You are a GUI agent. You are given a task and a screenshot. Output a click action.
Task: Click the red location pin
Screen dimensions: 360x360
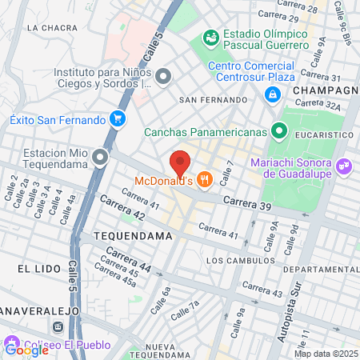pyautogui.click(x=180, y=163)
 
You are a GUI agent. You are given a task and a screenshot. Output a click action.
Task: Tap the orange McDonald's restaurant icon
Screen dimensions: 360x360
pyautogui.click(x=205, y=180)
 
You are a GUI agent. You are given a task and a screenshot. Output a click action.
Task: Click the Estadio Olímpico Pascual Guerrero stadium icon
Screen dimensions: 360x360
pyautogui.click(x=211, y=38)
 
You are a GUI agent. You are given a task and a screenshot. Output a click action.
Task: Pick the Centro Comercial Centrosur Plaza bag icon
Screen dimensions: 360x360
pyautogui.click(x=273, y=94)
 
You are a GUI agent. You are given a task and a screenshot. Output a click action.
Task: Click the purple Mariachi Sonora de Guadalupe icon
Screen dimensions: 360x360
pyautogui.click(x=344, y=166)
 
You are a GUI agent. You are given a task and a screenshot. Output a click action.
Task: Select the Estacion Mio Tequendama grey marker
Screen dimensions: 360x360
pyautogui.click(x=100, y=157)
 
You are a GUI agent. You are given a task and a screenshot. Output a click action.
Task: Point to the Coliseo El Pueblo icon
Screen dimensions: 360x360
pyautogui.click(x=58, y=327)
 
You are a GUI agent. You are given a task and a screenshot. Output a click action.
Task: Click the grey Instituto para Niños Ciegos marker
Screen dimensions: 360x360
pyautogui.click(x=163, y=77)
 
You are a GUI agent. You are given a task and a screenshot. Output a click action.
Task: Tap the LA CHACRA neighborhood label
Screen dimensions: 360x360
pyautogui.click(x=51, y=27)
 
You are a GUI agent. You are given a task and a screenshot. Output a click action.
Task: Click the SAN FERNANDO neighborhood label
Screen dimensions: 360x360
pyautogui.click(x=213, y=100)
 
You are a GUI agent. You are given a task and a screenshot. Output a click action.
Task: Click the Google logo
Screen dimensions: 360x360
pyautogui.click(x=26, y=349)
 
